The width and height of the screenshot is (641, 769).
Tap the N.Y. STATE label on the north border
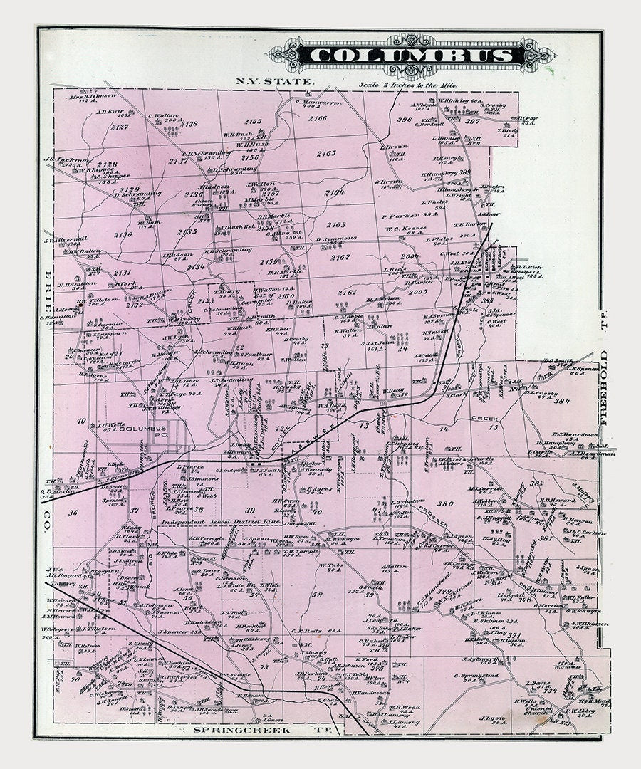tap(274, 82)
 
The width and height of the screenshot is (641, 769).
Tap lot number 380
tap(446, 504)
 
